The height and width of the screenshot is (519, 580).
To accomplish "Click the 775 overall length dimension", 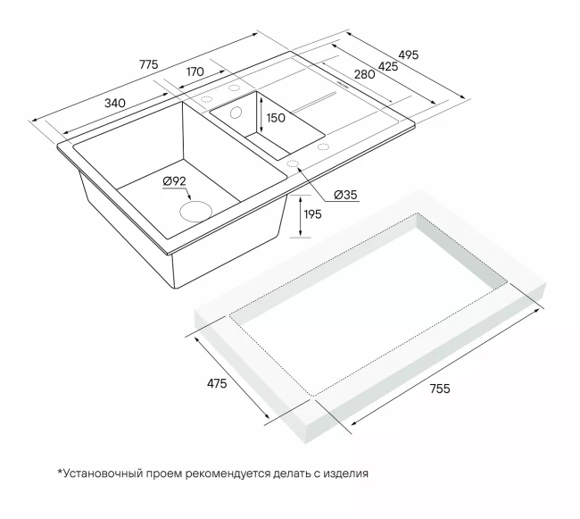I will [x=148, y=65].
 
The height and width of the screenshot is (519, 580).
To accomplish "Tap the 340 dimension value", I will [x=114, y=103].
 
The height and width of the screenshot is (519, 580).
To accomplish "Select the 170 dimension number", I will [x=195, y=71].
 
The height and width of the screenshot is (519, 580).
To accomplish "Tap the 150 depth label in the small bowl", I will [x=275, y=119].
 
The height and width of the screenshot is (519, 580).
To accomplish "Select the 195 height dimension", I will [x=313, y=213].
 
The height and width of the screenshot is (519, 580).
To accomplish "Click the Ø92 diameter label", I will [x=174, y=182].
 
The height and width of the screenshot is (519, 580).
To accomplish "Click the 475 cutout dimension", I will [x=217, y=384].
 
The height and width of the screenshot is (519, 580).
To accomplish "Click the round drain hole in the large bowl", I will [x=196, y=212].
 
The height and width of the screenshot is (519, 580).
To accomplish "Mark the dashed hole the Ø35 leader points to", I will [x=292, y=163].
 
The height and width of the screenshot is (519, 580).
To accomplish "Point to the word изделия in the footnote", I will [x=345, y=473].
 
